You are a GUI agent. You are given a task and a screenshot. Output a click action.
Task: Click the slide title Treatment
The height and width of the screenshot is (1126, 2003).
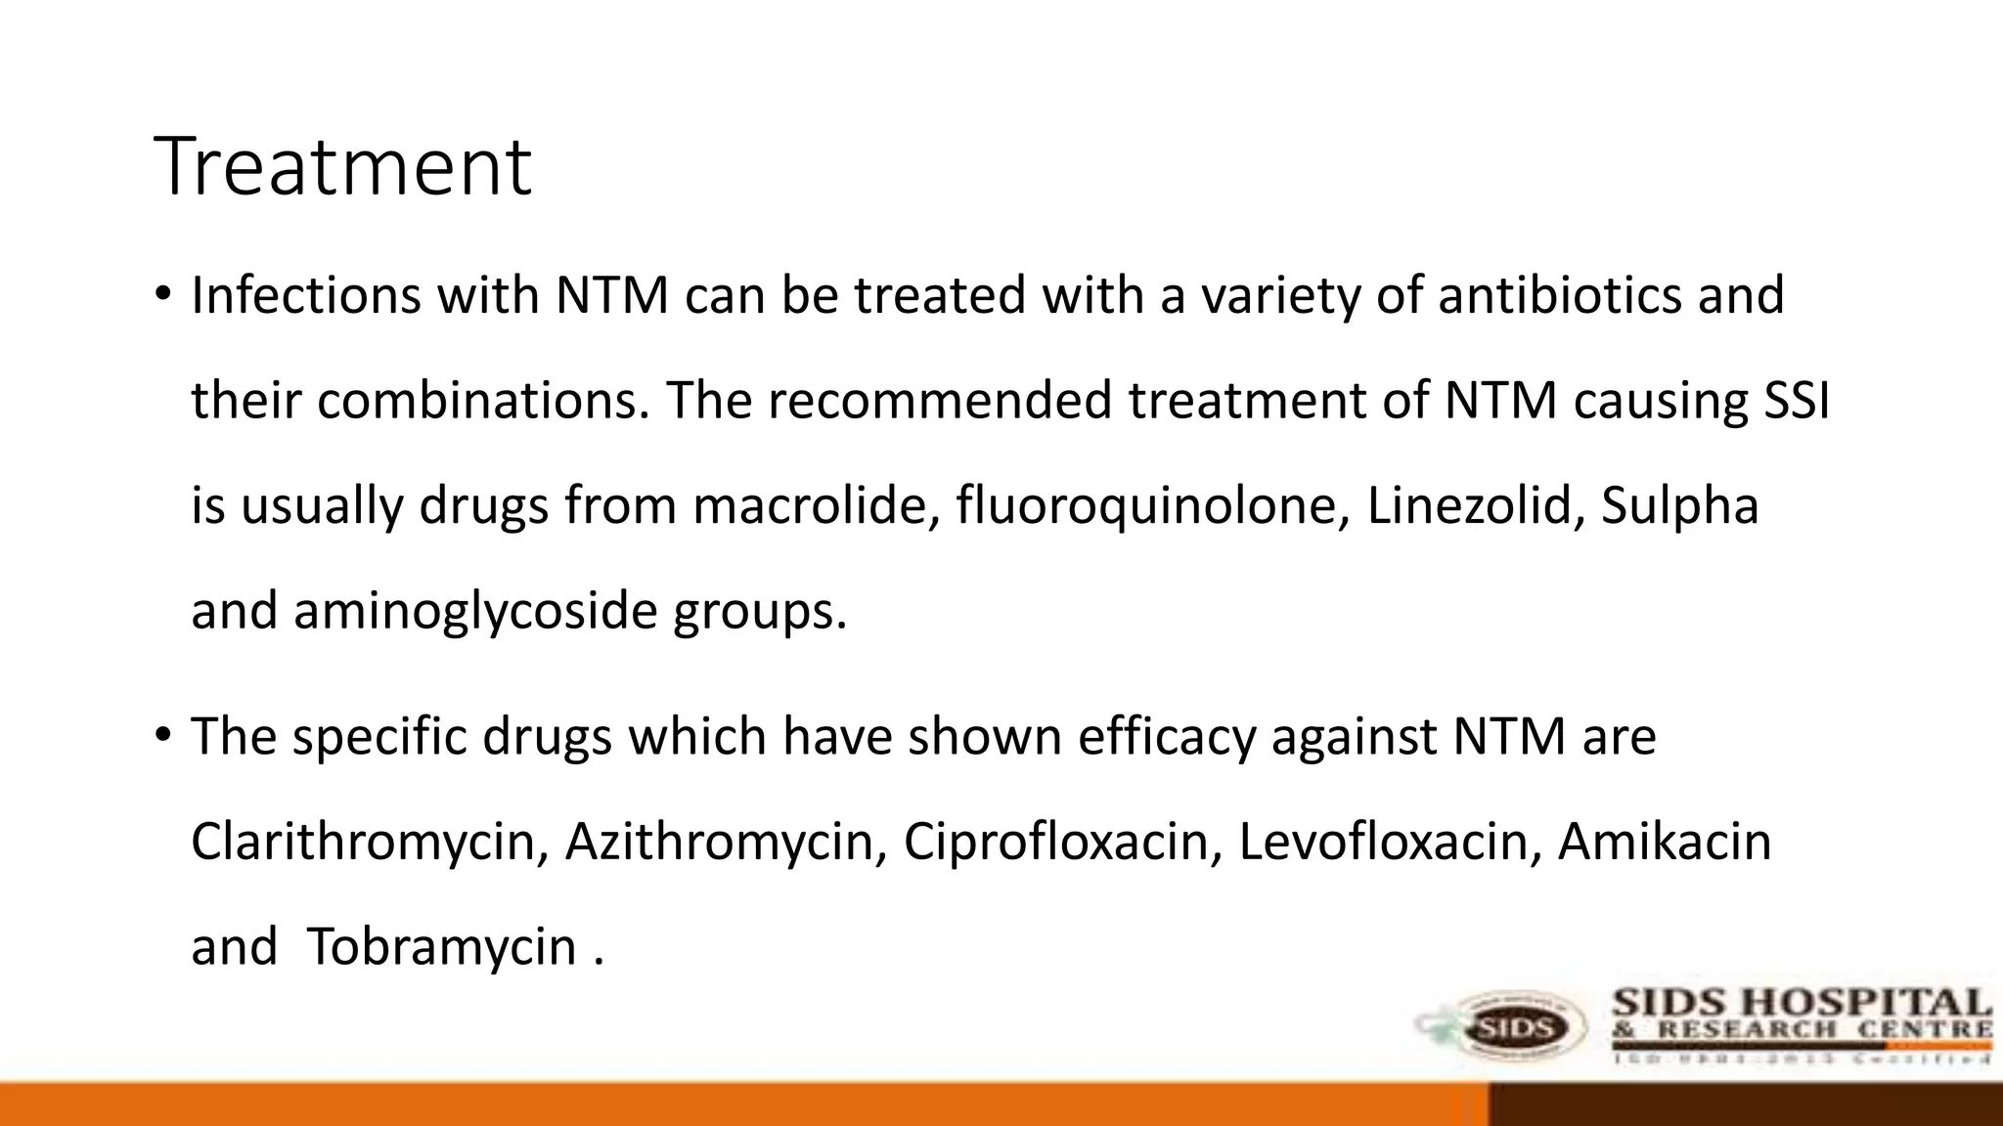click(x=342, y=166)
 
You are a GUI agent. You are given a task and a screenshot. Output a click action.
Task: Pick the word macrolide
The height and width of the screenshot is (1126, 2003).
click(x=816, y=506)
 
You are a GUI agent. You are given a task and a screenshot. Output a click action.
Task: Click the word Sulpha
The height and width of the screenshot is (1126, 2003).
click(x=1679, y=506)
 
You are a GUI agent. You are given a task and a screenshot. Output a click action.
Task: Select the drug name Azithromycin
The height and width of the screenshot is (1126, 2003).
click(x=725, y=843)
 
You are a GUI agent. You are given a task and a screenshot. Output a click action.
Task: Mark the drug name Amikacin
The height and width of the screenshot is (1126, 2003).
click(x=1664, y=843)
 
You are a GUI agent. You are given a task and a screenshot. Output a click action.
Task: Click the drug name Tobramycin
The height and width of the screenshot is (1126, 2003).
click(x=441, y=948)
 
